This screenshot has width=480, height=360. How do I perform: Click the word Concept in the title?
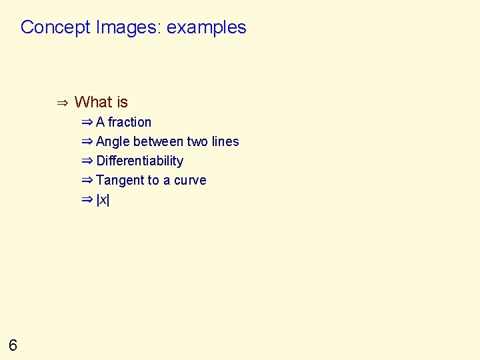pos(56,27)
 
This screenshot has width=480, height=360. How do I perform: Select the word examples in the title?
pos(207,27)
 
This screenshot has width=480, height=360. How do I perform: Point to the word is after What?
pos(122,102)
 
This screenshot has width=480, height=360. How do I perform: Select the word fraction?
pos(129,122)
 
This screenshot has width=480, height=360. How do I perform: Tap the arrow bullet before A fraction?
pos(87,122)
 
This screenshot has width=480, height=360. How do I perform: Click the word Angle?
pos(113,141)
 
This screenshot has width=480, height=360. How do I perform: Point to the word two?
pos(197,141)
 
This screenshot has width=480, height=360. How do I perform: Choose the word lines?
pos(225,141)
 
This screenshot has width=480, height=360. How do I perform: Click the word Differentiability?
pos(139,161)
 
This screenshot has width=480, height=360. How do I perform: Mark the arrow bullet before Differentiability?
pos(87,161)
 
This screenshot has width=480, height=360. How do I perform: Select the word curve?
pos(190,180)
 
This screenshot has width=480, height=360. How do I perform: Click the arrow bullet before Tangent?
pos(87,180)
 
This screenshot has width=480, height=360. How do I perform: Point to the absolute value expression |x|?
pos(103,199)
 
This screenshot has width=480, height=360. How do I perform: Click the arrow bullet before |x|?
pos(87,199)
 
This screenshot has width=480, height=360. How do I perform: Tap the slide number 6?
pos(13,345)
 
